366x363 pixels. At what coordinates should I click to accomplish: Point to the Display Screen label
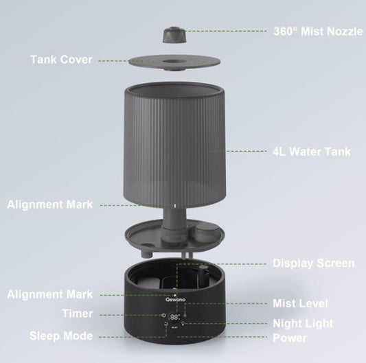(314, 263)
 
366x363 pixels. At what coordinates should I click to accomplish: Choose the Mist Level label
(300, 303)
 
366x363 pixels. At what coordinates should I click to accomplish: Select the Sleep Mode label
(61, 336)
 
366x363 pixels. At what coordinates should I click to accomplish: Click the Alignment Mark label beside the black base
(49, 294)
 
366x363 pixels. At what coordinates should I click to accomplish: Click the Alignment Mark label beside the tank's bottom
(49, 204)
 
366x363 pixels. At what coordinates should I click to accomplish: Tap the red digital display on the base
(175, 317)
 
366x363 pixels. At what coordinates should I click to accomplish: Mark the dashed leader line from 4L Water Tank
(240, 151)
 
